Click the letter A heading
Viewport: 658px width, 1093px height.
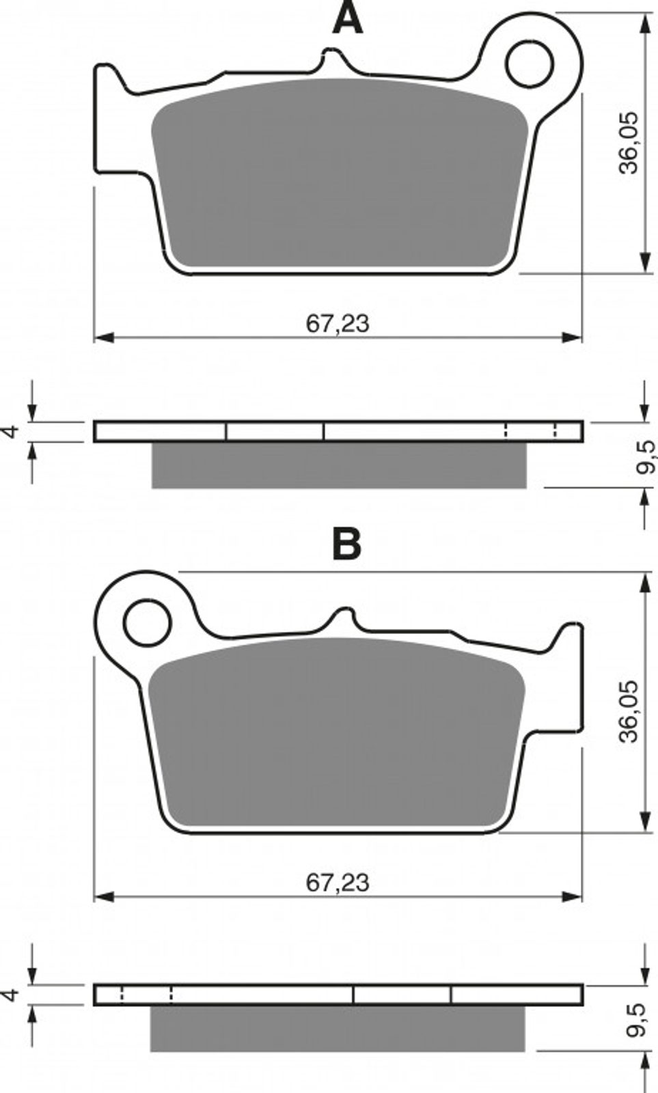[347, 18]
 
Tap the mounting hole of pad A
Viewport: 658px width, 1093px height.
[530, 64]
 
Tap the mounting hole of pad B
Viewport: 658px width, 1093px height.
[147, 624]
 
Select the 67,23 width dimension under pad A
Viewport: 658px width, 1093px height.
[338, 323]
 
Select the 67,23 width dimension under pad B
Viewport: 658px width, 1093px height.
[338, 882]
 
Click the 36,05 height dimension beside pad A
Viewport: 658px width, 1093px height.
[628, 143]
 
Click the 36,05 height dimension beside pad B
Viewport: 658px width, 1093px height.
[628, 711]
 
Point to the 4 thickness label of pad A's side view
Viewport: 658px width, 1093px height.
[11, 431]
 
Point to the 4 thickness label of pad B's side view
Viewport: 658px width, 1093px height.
[11, 994]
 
